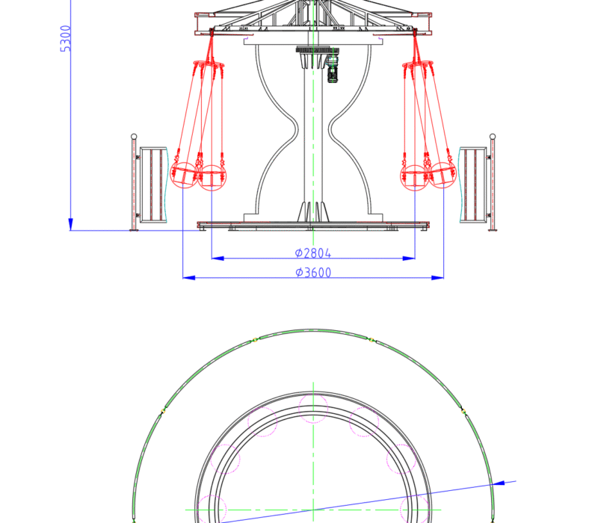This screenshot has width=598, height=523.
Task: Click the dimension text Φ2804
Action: [x=313, y=253]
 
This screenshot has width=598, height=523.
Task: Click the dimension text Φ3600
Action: [x=313, y=272]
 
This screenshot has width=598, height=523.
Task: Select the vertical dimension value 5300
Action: [x=66, y=39]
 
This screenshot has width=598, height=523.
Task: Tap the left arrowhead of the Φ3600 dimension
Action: [x=189, y=277]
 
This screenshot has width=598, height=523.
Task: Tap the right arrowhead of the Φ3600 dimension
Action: [x=437, y=277]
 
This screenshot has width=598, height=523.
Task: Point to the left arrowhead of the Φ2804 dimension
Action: [x=218, y=258]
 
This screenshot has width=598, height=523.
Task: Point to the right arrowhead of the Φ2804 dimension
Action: [x=409, y=258]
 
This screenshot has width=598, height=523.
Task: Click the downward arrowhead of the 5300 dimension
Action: [x=70, y=224]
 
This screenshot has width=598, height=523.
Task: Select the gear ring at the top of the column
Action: [x=312, y=50]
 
